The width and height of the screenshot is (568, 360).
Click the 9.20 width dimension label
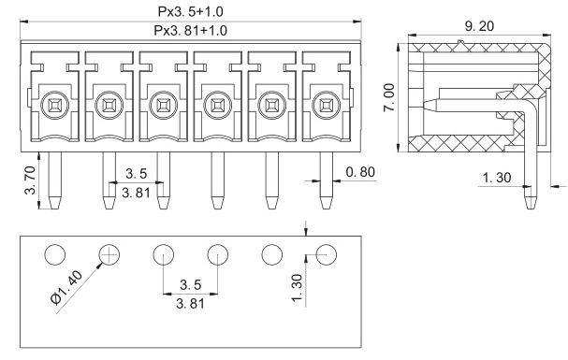click(479, 26)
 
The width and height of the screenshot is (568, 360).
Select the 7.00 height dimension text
click(389, 97)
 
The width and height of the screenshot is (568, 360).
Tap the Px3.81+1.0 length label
click(191, 31)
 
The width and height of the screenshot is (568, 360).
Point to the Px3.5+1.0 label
click(191, 11)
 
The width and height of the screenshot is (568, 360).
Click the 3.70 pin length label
click(30, 180)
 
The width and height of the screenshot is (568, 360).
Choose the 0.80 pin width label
click(360, 172)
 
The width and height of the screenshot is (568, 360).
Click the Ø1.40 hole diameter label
click(66, 288)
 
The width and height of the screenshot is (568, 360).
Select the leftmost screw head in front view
click(54, 106)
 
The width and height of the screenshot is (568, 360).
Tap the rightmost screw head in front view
click(326, 106)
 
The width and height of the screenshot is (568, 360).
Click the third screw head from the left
click(164, 106)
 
